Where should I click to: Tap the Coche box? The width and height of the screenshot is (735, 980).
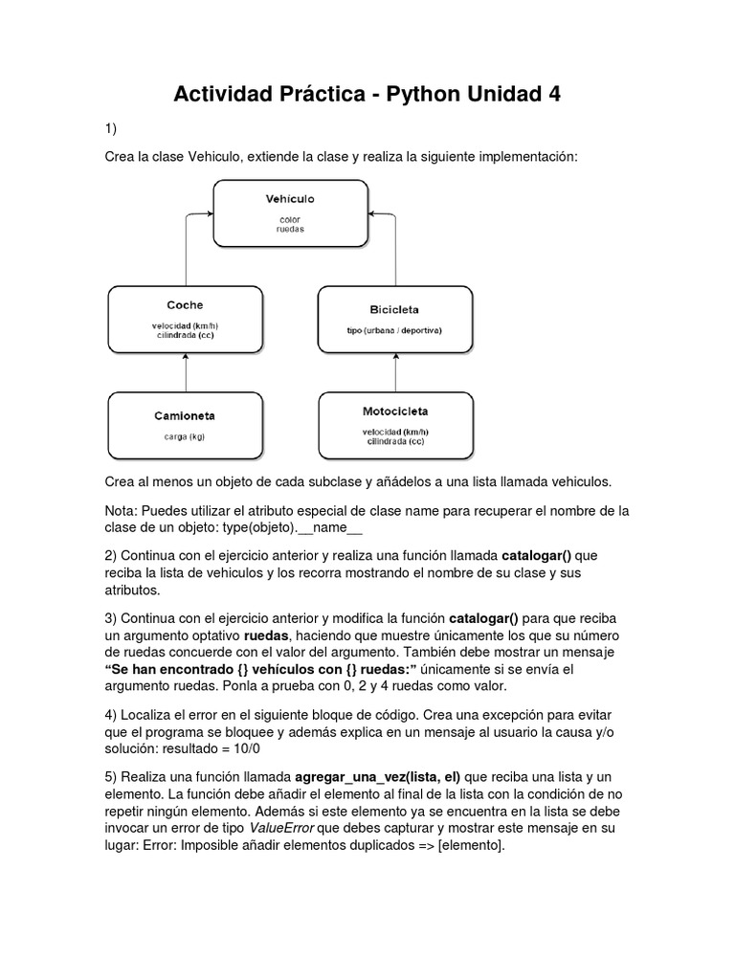186,319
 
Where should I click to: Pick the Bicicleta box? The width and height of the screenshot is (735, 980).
394,319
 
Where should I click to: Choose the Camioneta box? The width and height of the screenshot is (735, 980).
186,425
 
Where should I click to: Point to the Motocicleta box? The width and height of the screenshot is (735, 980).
395,425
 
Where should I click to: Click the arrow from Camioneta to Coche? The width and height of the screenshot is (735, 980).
186,372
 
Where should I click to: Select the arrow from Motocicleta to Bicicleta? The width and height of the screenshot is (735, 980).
395,372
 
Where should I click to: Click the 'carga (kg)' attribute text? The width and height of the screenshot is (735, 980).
185,436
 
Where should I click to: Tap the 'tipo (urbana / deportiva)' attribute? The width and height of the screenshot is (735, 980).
394,331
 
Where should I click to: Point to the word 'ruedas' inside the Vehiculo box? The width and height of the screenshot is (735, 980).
290,230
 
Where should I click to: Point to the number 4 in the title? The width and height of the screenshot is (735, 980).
552,95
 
